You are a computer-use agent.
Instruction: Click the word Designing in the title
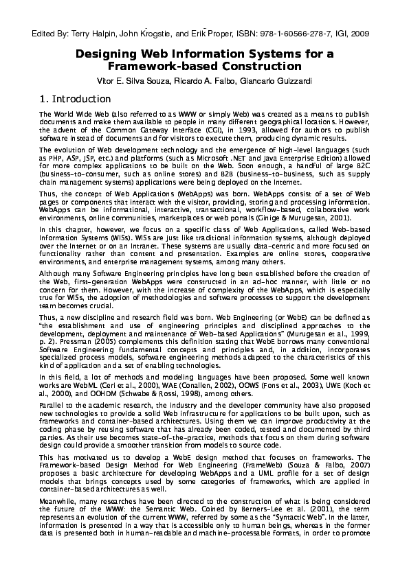104,54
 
